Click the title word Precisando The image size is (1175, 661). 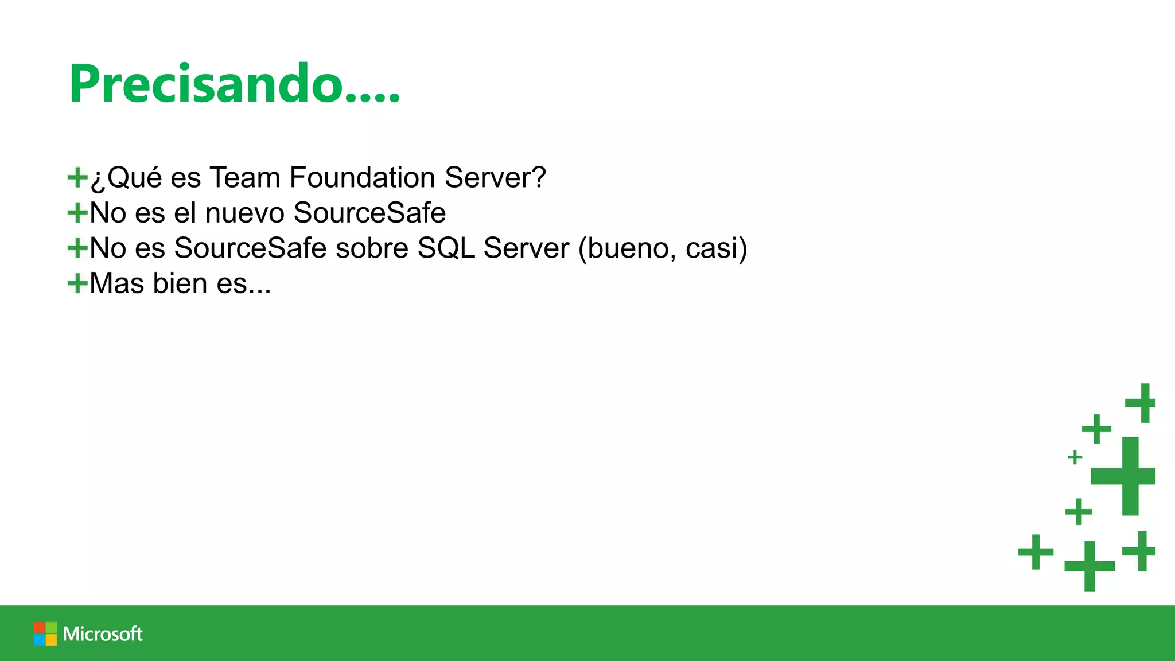pos(234,84)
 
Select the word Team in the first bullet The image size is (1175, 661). pos(245,177)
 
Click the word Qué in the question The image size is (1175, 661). pos(134,177)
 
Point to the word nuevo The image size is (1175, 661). pos(245,213)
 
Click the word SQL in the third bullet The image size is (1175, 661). pos(446,248)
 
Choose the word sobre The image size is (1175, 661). pos(372,248)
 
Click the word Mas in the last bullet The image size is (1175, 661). pos(116,283)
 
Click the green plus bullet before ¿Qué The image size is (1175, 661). pos(77,177)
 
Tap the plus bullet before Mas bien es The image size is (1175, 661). pos(77,283)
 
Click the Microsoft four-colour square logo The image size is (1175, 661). pos(45,633)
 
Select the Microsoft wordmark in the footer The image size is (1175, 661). pos(103,633)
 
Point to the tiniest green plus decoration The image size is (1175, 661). pos(1075,457)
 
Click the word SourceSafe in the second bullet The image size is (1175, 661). pos(369,213)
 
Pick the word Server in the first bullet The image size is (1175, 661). pos(495,177)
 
